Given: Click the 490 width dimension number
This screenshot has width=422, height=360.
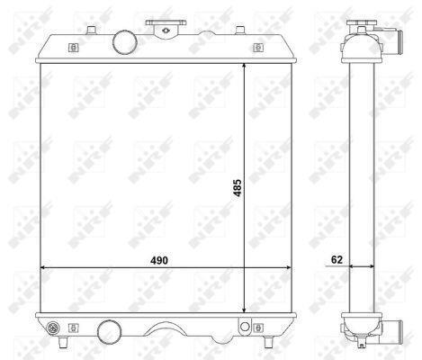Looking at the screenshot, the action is [159, 260].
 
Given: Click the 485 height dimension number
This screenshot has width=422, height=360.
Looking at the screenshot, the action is [238, 188].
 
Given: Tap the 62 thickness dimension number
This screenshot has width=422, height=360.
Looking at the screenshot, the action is [337, 259].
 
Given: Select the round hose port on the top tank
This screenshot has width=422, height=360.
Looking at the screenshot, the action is [125, 42].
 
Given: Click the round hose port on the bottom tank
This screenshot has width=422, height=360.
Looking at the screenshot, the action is [110, 332].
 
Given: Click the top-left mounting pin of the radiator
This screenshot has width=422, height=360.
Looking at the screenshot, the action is [91, 30].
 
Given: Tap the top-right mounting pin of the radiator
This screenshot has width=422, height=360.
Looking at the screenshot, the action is [240, 30].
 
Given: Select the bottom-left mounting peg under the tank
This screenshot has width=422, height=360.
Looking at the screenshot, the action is [63, 342].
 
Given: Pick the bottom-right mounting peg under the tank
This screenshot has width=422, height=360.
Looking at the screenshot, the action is [268, 342].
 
